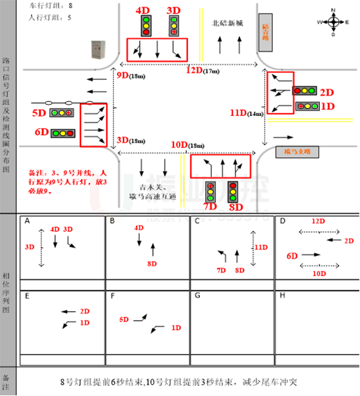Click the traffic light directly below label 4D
pyautogui.click(x=146, y=26)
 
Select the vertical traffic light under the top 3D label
pyautogui.click(x=173, y=26)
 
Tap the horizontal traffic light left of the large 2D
pyautogui.click(x=304, y=91)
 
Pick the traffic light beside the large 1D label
pyautogui.click(x=307, y=106)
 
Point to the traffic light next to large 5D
pyautogui.click(x=61, y=112)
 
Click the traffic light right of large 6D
pyautogui.click(x=62, y=133)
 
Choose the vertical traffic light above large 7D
pyautogui.click(x=211, y=192)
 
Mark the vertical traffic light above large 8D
pyautogui.click(x=233, y=192)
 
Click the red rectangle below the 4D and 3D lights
pyautogui.click(x=157, y=50)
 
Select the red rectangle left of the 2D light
pyautogui.click(x=280, y=92)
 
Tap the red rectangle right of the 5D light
pyautogui.click(x=93, y=125)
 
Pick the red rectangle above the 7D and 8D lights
pyautogui.click(x=220, y=166)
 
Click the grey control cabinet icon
pyautogui.click(x=98, y=50)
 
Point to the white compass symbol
pyautogui.click(x=334, y=22)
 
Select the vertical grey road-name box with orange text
pyautogui.click(x=265, y=32)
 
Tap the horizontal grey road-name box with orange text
pyautogui.click(x=297, y=152)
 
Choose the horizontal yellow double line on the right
pyautogui.click(x=310, y=121)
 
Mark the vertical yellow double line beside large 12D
pyautogui.click(x=201, y=35)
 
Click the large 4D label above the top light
pyautogui.click(x=143, y=10)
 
